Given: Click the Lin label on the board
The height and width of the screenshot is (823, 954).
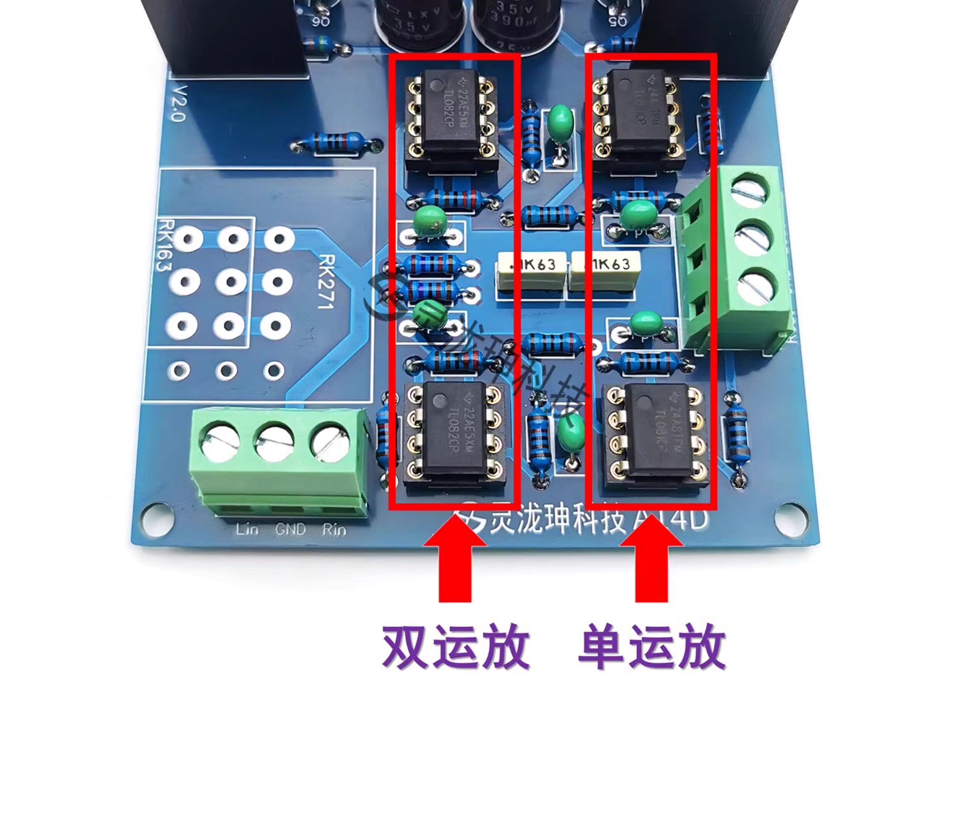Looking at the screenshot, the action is point(247,529).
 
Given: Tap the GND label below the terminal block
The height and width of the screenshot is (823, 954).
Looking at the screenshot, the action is point(290,529).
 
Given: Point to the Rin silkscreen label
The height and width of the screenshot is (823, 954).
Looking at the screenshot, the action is point(334,530).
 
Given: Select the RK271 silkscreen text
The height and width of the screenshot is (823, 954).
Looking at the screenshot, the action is point(326,282).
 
